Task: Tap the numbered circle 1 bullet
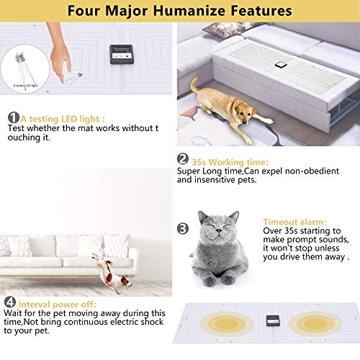[x=13, y=117]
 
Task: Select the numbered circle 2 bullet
[x=182, y=161]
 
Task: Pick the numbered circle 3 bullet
[x=182, y=228]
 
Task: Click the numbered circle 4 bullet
[x=9, y=302]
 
